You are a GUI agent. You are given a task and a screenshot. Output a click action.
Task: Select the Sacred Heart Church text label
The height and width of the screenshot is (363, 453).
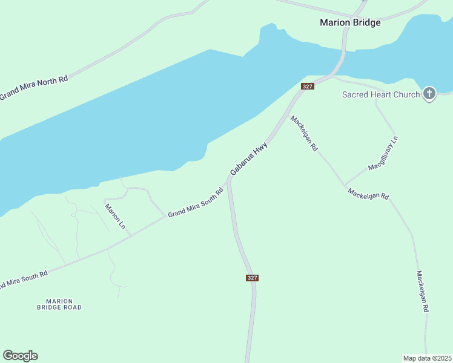tap(380, 94)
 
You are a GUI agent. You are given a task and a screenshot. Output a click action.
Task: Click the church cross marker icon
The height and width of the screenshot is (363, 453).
tap(429, 93)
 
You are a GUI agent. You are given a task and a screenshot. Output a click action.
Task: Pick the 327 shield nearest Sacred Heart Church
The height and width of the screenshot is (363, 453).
tap(307, 87)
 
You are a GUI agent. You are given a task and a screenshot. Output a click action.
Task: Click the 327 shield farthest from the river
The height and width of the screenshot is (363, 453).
tap(253, 278)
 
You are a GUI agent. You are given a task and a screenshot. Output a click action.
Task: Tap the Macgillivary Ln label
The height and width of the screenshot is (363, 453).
tap(383, 153)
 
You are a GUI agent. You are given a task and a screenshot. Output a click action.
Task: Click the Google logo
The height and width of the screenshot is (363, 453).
tap(20, 356)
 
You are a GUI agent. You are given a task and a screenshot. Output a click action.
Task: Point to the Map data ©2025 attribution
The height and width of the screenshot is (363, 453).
tap(427, 358)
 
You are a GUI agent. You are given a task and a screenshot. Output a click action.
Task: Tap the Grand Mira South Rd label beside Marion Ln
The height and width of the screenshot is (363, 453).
tap(196, 203)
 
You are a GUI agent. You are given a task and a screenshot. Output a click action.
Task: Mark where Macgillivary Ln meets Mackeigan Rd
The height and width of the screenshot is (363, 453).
tap(344, 184)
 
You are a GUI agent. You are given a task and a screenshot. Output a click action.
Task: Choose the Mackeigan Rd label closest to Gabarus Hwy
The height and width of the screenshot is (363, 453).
tap(304, 133)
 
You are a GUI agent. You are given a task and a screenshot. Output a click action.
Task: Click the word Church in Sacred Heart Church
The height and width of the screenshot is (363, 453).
tap(406, 94)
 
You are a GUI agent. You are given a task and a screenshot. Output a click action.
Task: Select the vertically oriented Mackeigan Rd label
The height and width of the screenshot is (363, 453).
tap(423, 291)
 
